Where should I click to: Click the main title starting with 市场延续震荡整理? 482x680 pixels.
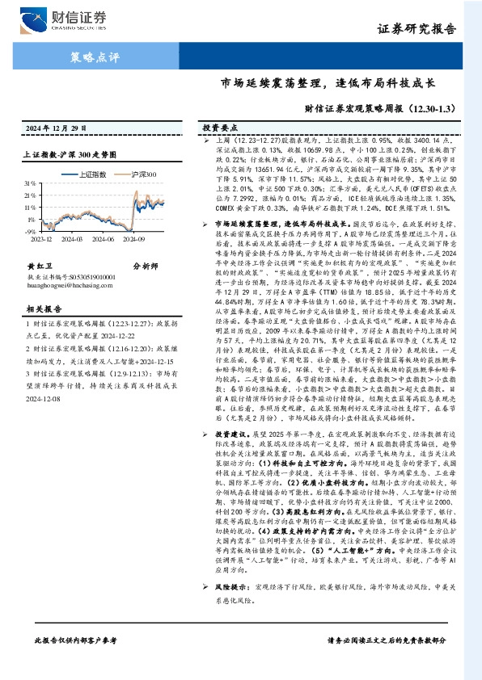pos(328,82)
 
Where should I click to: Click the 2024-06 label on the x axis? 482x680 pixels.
pos(104,239)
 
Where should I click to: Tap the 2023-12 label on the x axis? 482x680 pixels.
pos(40,239)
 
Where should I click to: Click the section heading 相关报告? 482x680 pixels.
pos(40,309)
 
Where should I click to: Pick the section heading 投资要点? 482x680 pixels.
pos(220,128)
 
